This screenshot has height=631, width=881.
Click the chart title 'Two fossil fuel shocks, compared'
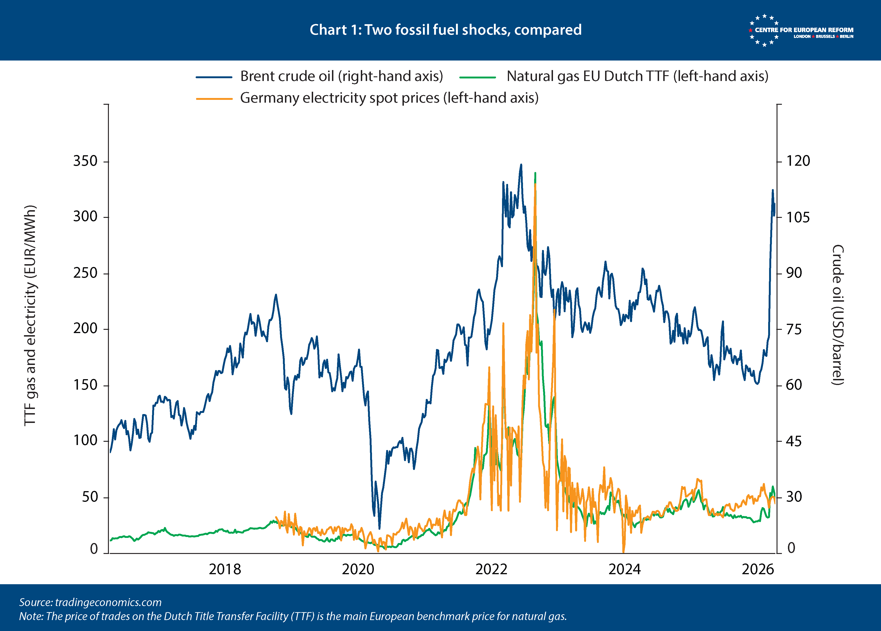click(445, 30)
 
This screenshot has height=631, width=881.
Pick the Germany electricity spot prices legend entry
click(389, 98)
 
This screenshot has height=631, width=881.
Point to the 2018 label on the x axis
click(225, 569)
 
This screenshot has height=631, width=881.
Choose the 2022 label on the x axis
click(491, 569)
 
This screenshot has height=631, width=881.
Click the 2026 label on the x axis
click(757, 569)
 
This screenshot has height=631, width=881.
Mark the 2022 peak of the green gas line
click(536, 173)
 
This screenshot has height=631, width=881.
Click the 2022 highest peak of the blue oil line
click(521, 165)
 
